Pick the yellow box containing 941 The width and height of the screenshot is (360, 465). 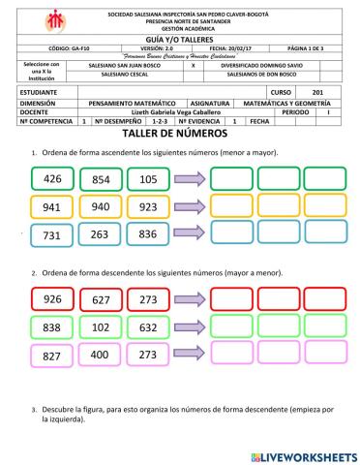[x=53, y=206]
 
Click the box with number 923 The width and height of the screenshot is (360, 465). [x=149, y=206]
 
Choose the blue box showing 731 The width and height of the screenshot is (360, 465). [x=53, y=233]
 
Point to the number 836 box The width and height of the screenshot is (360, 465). [x=149, y=233]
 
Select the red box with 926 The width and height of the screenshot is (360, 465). [x=53, y=299]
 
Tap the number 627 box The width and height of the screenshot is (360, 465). [x=101, y=299]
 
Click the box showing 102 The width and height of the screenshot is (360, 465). [x=101, y=327]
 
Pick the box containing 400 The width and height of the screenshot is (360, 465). [x=101, y=355]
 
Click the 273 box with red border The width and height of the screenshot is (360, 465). [x=148, y=299]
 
